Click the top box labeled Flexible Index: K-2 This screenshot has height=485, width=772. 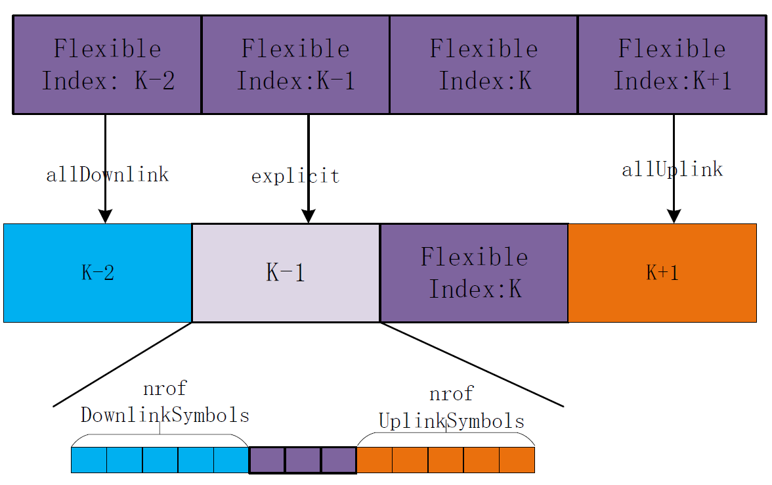click(107, 64)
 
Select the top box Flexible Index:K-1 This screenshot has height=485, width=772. click(295, 64)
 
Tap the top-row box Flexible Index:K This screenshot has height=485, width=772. click(484, 64)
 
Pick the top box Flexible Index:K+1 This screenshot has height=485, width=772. click(672, 64)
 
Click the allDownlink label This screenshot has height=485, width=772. click(107, 175)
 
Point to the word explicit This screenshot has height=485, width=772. click(295, 176)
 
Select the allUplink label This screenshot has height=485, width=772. click(672, 170)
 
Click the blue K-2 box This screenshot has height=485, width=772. click(98, 273)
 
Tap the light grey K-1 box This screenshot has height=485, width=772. click(286, 273)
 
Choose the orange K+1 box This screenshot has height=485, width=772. click(662, 273)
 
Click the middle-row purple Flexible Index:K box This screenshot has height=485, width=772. click(474, 273)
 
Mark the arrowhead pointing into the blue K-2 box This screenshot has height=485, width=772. click(105, 217)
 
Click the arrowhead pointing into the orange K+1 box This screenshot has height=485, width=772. click(674, 217)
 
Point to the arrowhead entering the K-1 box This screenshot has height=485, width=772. click(309, 217)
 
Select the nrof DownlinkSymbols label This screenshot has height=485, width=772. click(165, 402)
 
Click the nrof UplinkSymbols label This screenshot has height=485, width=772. click(452, 407)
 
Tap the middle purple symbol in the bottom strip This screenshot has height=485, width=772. click(303, 460)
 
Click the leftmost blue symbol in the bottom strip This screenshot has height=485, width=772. click(89, 460)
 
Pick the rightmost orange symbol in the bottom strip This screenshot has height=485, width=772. click(517, 460)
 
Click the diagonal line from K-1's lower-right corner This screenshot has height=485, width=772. click(471, 364)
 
